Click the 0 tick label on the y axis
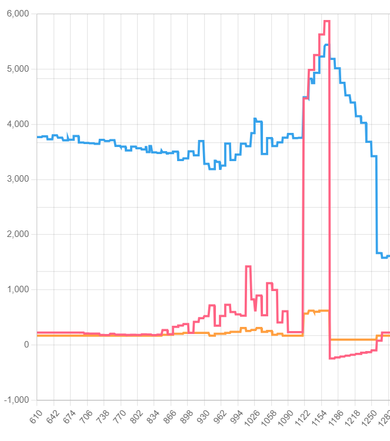tap(26, 345)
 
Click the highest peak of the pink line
tap(326, 21)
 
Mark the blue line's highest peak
tap(326, 45)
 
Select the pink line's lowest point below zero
tap(331, 358)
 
